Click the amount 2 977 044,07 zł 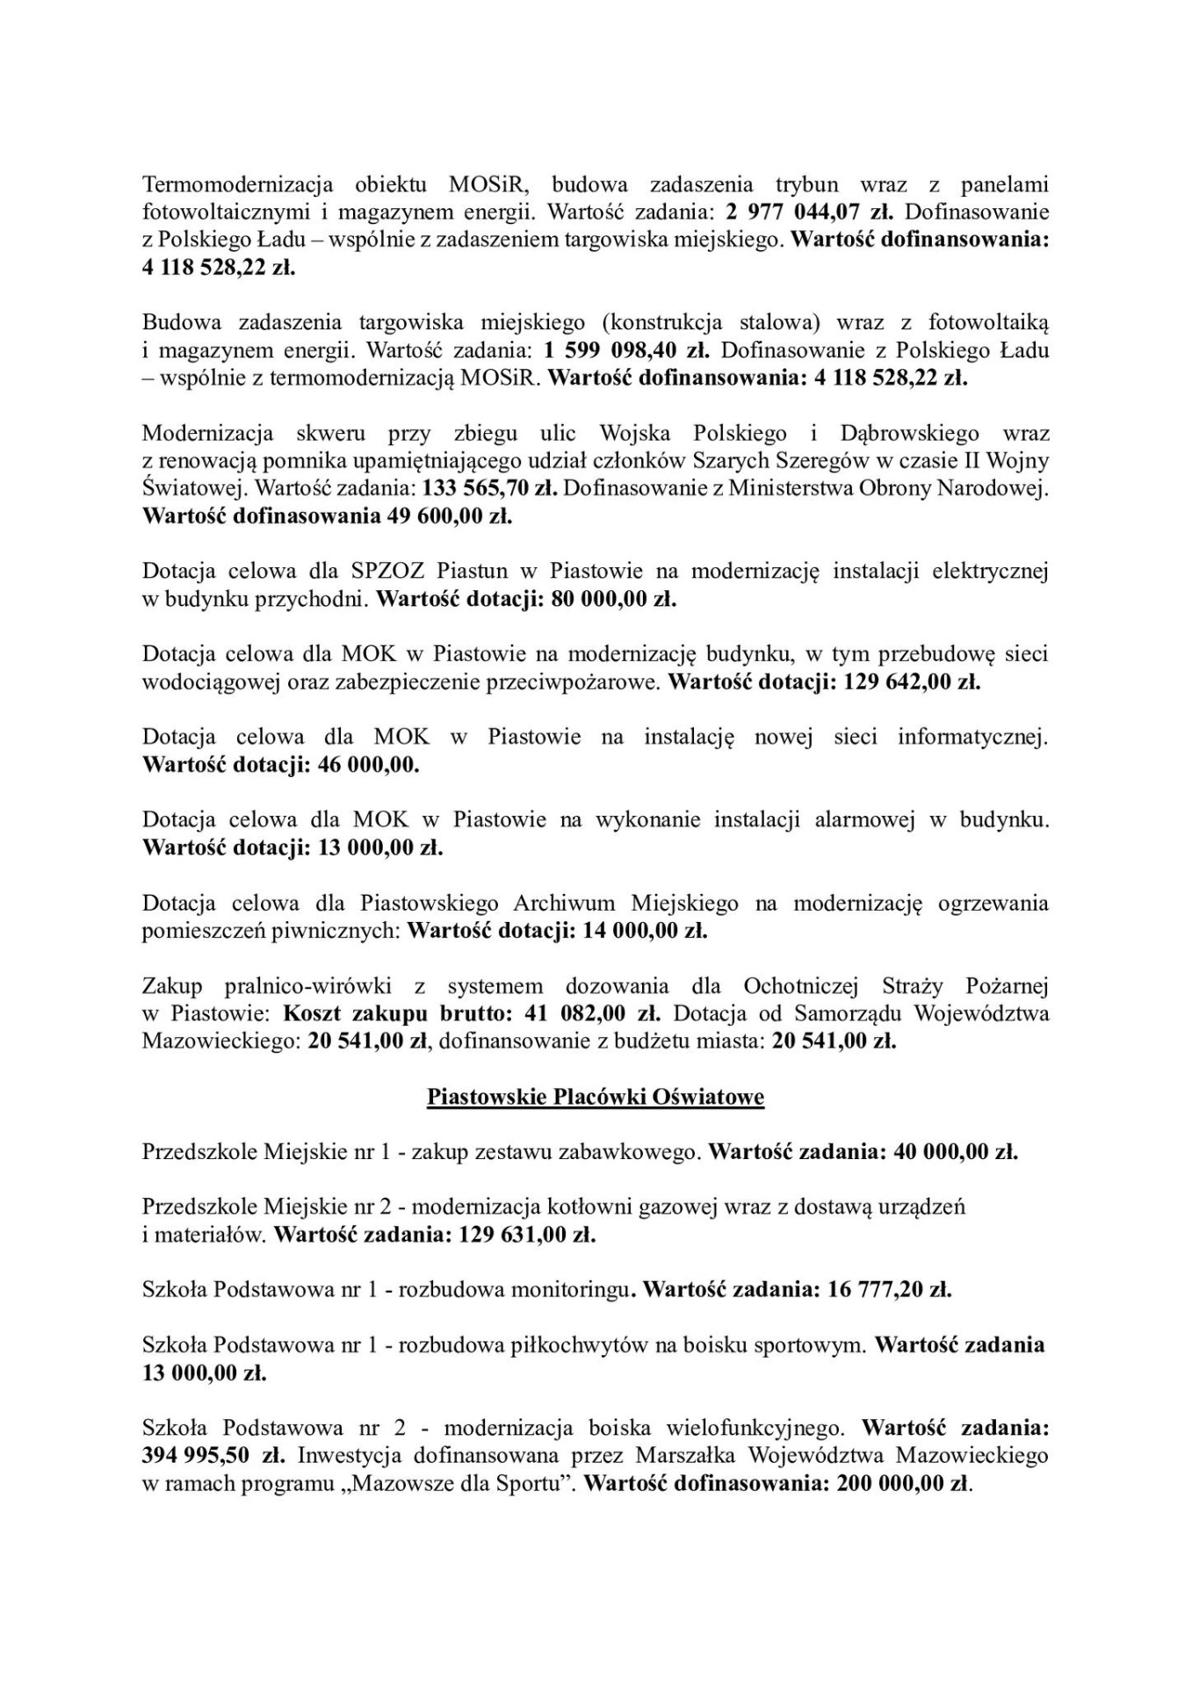[x=809, y=213]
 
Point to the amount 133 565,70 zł [x=490, y=488]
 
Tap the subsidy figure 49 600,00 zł [x=449, y=516]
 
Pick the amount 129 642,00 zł [x=912, y=682]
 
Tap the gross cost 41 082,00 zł [x=591, y=1014]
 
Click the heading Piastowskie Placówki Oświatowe [x=596, y=1098]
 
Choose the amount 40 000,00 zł [x=955, y=1152]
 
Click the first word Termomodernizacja [x=237, y=185]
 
